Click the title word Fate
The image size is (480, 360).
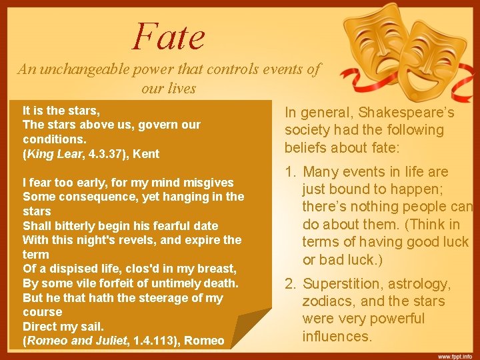[x=169, y=36]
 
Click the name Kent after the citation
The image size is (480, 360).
[x=147, y=154]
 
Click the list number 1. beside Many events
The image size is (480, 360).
[x=291, y=172]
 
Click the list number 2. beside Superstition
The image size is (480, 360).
[x=291, y=284]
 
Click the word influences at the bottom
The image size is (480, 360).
[x=337, y=336]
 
